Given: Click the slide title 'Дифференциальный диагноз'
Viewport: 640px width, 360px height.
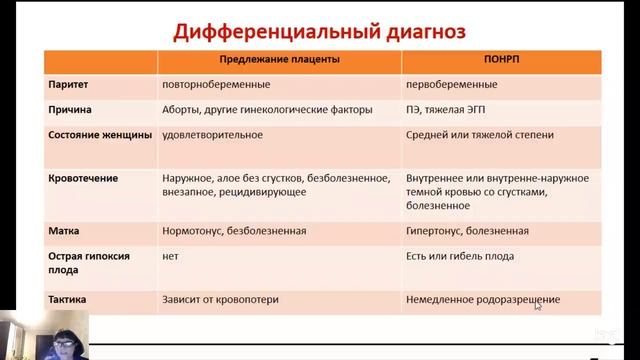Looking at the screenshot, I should point(320,30).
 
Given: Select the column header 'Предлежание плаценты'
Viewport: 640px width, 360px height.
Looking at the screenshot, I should point(279,61).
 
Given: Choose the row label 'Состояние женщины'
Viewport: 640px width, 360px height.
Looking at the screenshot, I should point(100,133).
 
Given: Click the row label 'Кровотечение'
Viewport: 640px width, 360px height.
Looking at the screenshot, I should point(83,179).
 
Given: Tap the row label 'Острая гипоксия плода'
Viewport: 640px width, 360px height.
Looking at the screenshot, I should point(91,262).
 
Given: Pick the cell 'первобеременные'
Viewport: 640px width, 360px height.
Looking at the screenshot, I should point(453,86).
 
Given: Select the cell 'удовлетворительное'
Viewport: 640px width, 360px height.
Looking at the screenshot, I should point(212,133).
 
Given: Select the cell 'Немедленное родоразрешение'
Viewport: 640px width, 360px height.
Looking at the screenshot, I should point(483,299).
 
